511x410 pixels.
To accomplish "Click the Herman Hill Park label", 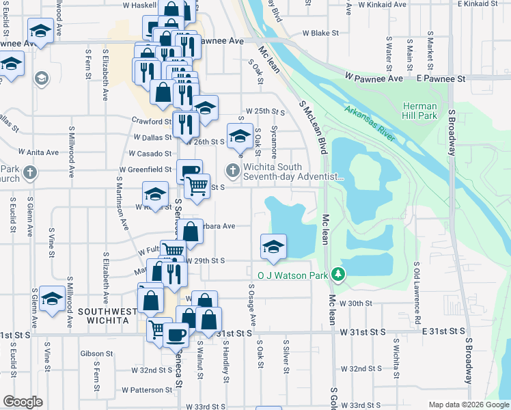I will (419, 111).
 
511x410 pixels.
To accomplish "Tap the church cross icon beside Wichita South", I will (232, 171).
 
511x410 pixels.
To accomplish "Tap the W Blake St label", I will (320, 33).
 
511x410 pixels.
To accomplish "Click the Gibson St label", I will (96, 354).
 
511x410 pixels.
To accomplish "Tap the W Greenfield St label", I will (145, 169).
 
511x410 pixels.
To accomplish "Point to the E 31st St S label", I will (444, 331).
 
